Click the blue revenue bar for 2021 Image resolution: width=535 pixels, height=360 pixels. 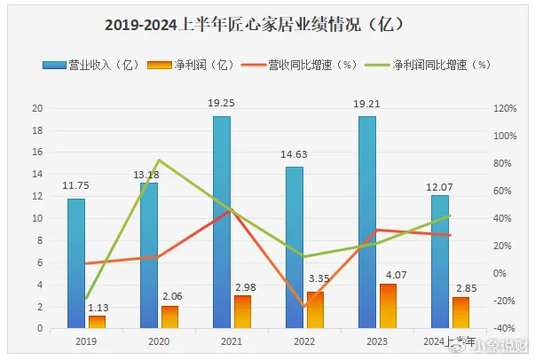click(x=221, y=222)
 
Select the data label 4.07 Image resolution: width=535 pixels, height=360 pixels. click(x=388, y=274)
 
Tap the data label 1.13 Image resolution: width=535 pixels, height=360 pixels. click(x=98, y=306)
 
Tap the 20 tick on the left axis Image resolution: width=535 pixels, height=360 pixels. click(x=37, y=108)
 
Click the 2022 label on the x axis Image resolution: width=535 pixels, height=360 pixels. click(x=303, y=340)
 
